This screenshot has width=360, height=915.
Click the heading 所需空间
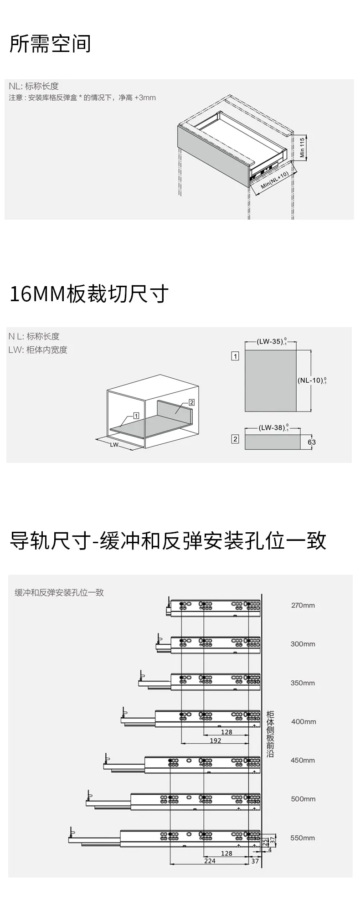(x=50, y=44)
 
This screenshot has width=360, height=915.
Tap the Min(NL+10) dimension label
(x=275, y=180)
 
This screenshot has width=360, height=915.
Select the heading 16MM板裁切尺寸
(x=89, y=294)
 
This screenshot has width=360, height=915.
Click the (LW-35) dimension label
(x=271, y=341)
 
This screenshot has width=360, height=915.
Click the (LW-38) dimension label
(x=273, y=427)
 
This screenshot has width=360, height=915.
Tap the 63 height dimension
(x=312, y=442)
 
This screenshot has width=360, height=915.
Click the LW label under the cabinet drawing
(x=114, y=444)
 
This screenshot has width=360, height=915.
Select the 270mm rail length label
(x=303, y=605)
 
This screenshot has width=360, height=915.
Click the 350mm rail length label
(x=303, y=683)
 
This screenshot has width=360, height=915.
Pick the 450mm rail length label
(x=303, y=760)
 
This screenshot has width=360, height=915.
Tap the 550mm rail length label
(x=303, y=838)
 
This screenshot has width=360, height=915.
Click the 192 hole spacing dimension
(x=216, y=740)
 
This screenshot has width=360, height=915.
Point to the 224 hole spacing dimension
(x=210, y=861)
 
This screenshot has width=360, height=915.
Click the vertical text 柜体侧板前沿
(x=270, y=734)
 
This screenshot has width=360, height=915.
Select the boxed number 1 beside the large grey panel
(x=235, y=356)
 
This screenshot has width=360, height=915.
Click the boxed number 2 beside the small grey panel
(x=235, y=439)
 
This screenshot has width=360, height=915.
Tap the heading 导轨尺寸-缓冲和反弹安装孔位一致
(x=168, y=541)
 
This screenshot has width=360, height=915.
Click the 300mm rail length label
(x=303, y=644)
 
